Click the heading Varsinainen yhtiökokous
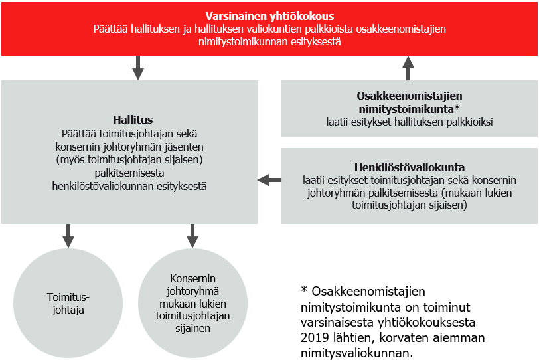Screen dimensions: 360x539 point(269,15)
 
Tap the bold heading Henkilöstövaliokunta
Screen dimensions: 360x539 point(410,166)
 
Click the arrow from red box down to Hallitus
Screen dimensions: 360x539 point(138,68)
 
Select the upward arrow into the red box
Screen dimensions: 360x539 point(408,68)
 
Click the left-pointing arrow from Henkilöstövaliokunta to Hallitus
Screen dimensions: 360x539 point(269,179)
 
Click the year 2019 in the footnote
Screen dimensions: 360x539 point(314,337)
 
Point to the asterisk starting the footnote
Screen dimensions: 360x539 point(305,292)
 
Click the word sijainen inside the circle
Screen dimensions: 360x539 point(193,329)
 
